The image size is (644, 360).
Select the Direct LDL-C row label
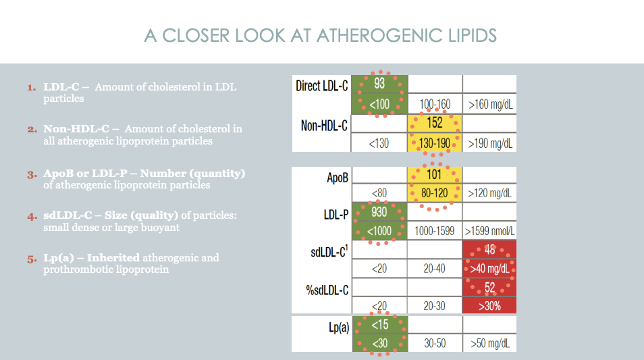tap(322, 86)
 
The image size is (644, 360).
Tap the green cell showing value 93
tap(379, 83)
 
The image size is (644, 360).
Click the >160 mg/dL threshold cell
tap(489, 105)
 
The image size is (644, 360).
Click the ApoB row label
tap(337, 177)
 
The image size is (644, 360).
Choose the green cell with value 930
tap(379, 212)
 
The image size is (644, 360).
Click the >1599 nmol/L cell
tap(489, 231)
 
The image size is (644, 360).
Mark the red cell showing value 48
tap(489, 250)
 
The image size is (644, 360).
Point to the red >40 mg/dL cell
tap(489, 269)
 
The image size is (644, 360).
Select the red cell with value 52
tap(489, 288)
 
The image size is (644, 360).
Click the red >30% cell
tap(489, 306)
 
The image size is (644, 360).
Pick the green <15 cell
tap(379, 325)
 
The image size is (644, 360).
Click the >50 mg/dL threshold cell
tap(489, 343)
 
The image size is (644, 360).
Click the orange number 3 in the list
tap(31, 174)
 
